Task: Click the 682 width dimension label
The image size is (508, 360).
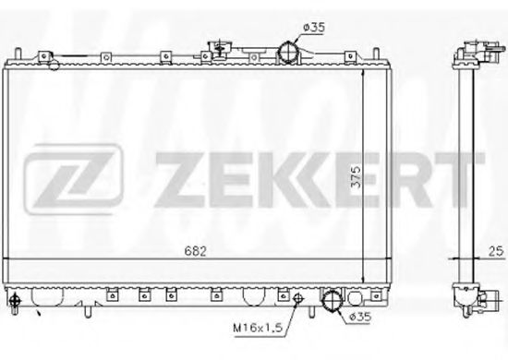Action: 196,251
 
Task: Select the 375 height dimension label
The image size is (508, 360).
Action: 356,177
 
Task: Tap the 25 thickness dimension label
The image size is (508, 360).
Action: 496,251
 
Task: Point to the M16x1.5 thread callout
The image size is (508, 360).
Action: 259,328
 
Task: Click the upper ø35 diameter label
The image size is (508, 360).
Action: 314,28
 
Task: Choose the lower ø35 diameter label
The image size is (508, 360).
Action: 360,316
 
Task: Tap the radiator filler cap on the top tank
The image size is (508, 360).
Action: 220,49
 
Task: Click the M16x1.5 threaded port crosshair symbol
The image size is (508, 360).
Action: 297,298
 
